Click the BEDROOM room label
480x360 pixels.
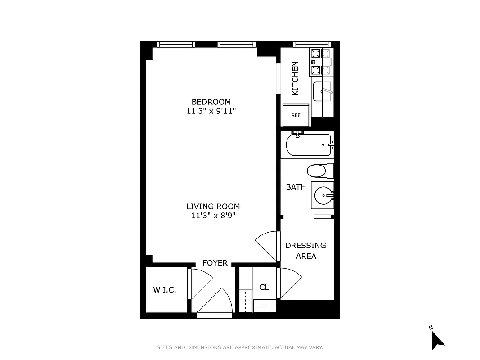click(x=211, y=102)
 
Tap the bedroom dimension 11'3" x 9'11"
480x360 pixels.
click(x=211, y=111)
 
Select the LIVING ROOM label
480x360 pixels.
click(x=213, y=207)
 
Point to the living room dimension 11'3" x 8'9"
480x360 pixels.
click(x=213, y=216)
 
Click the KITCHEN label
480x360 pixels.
click(x=295, y=78)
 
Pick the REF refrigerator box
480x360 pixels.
click(x=296, y=115)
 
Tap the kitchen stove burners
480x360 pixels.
click(x=320, y=62)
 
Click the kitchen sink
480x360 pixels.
click(x=322, y=92)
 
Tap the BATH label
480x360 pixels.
click(x=296, y=187)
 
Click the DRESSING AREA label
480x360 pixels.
click(x=306, y=251)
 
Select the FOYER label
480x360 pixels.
click(x=215, y=263)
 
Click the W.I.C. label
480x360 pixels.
click(x=165, y=290)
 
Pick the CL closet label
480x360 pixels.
click(x=265, y=287)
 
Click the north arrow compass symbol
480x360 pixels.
click(x=437, y=340)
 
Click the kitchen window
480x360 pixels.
click(x=312, y=44)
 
